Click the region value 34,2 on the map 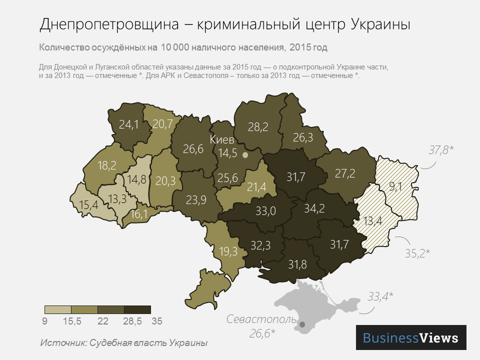(x=314, y=208)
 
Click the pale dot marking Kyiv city (x=245, y=155)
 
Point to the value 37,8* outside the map (x=441, y=149)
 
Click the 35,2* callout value (x=417, y=253)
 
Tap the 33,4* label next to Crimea (x=380, y=296)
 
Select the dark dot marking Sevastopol (x=302, y=325)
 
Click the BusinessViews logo (x=411, y=337)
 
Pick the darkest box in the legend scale (x=137, y=309)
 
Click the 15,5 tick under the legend (x=72, y=322)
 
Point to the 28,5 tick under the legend (x=132, y=322)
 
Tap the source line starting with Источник (x=123, y=343)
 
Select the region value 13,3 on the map (x=117, y=199)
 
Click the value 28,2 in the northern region (x=258, y=127)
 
